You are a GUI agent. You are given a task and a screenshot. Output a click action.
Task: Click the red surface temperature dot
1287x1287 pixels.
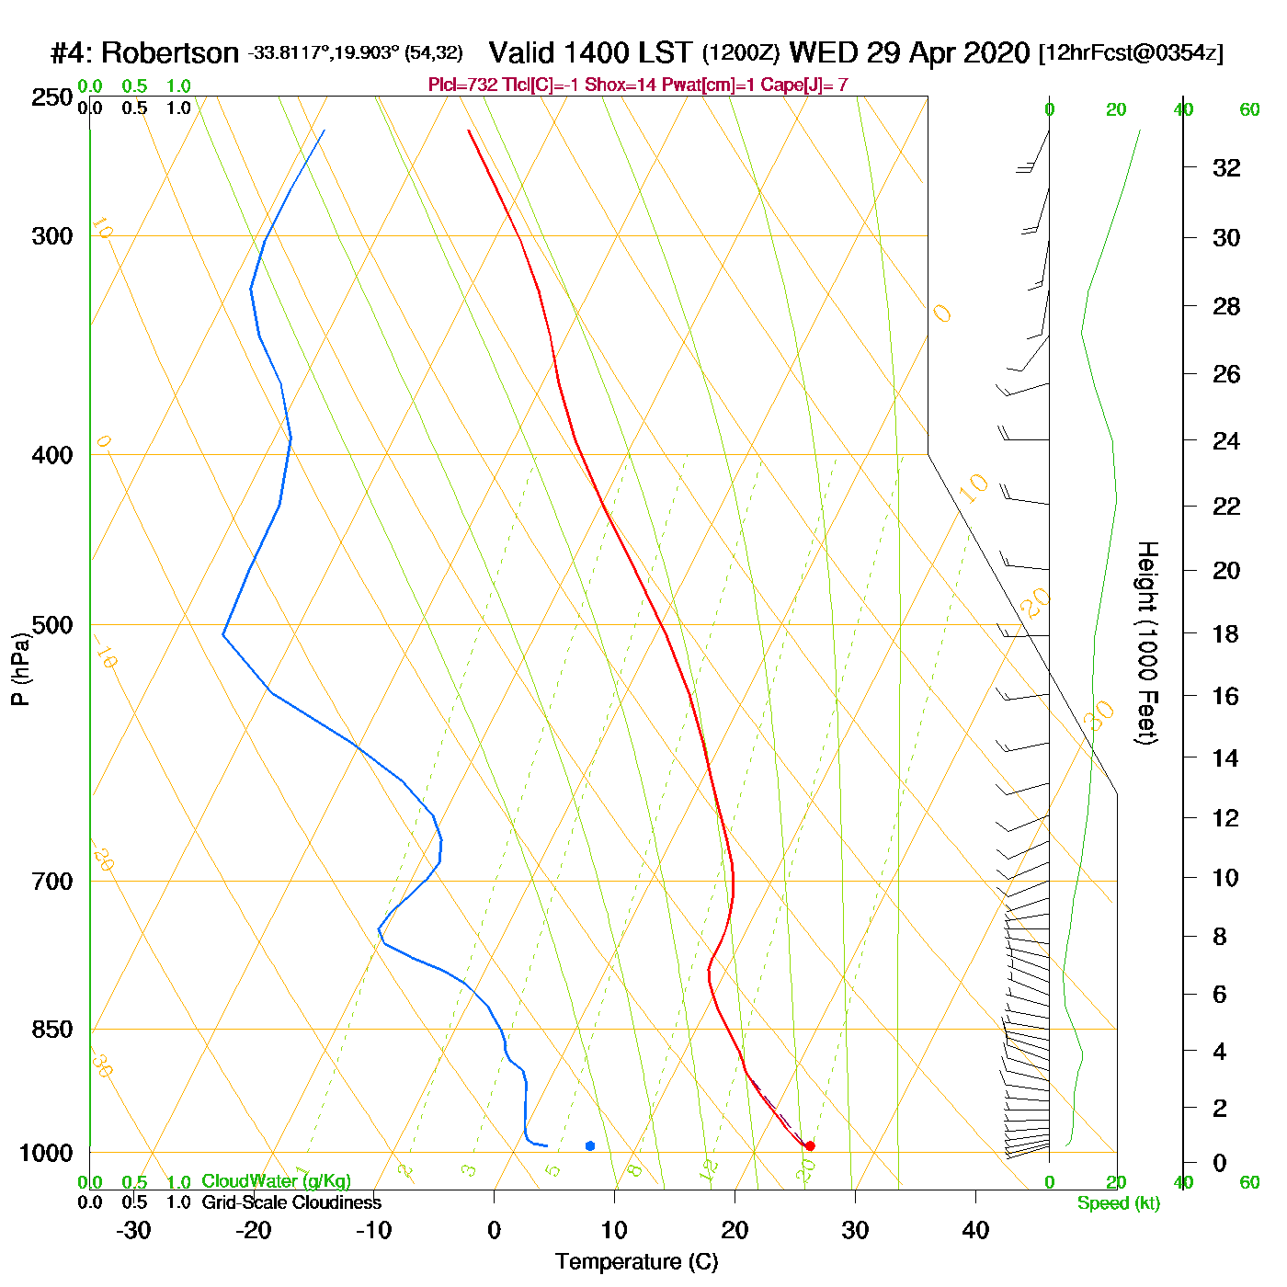tap(809, 1145)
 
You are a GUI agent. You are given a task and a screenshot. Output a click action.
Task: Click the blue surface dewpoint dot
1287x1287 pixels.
tap(590, 1145)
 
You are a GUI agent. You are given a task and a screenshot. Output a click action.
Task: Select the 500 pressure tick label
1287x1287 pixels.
tap(52, 625)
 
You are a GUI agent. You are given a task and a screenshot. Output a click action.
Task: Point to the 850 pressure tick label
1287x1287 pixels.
tap(52, 1030)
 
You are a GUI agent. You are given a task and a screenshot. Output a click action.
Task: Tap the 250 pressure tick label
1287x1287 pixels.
tap(52, 97)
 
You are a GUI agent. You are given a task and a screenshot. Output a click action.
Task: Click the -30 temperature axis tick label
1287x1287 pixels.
tap(133, 1230)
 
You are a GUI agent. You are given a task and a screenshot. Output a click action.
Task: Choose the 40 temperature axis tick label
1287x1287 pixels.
tap(975, 1230)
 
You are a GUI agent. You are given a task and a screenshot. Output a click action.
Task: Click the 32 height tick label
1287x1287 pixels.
tap(1226, 167)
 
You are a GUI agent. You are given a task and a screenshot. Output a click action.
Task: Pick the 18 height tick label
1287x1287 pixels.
tap(1226, 633)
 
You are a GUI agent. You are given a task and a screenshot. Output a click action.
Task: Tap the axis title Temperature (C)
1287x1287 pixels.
tap(636, 1262)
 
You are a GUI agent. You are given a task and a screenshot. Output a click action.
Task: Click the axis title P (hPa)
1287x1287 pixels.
tap(20, 669)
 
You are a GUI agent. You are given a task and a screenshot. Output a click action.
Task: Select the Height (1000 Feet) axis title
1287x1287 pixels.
tap(1147, 643)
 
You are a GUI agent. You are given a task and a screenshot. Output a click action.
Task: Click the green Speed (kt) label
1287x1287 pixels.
tap(1118, 1203)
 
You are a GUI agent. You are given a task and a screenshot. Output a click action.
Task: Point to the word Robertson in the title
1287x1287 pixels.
tap(170, 53)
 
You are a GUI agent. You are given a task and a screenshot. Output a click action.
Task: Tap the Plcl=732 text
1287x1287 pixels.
tap(462, 85)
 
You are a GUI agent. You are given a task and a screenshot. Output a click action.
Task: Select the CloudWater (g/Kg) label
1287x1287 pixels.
tap(276, 1181)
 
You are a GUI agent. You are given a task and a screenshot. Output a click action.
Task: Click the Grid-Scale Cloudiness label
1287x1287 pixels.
tap(291, 1202)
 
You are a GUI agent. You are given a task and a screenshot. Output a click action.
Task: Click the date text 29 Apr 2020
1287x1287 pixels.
tap(948, 52)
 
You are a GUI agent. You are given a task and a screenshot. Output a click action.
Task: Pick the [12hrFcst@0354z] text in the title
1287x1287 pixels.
tap(1131, 53)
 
